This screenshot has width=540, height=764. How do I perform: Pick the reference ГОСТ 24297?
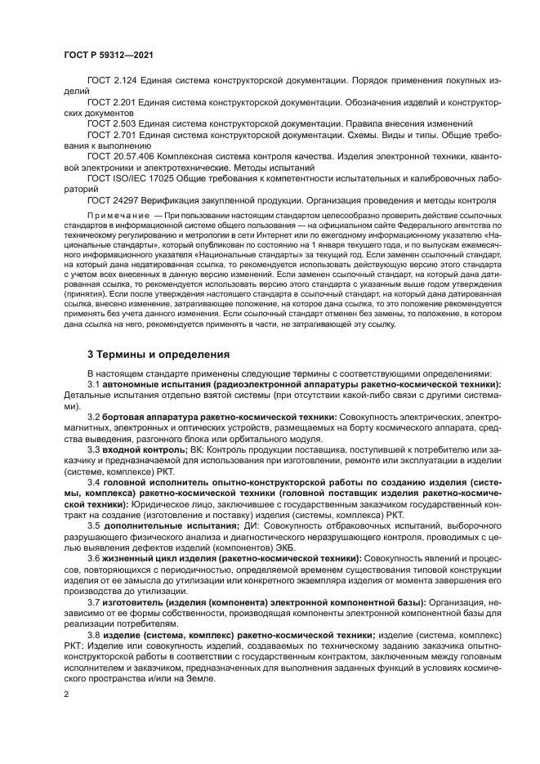click(113, 199)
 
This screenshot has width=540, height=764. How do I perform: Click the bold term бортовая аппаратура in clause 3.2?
click(145, 416)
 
